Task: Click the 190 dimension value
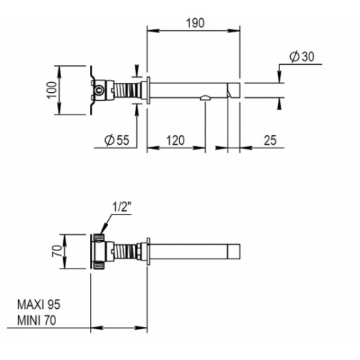[x=195, y=23]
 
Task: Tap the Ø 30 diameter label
[x=302, y=57]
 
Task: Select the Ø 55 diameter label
[x=117, y=140]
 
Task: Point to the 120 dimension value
[x=176, y=140]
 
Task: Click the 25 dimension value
[x=270, y=140]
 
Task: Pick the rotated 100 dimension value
[x=52, y=90]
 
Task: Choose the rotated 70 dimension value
[x=57, y=251]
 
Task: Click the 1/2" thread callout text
[x=122, y=207]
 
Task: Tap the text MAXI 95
[x=39, y=305]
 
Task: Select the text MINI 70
[x=37, y=320]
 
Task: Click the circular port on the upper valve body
[x=99, y=90]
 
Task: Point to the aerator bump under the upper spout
[x=205, y=97]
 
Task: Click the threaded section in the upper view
[x=127, y=90]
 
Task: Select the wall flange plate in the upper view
[x=148, y=90]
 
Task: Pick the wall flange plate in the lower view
[x=148, y=251]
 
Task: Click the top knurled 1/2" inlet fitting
[x=99, y=238]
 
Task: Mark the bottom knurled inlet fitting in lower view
[x=99, y=265]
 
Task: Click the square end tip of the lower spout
[x=234, y=251]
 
